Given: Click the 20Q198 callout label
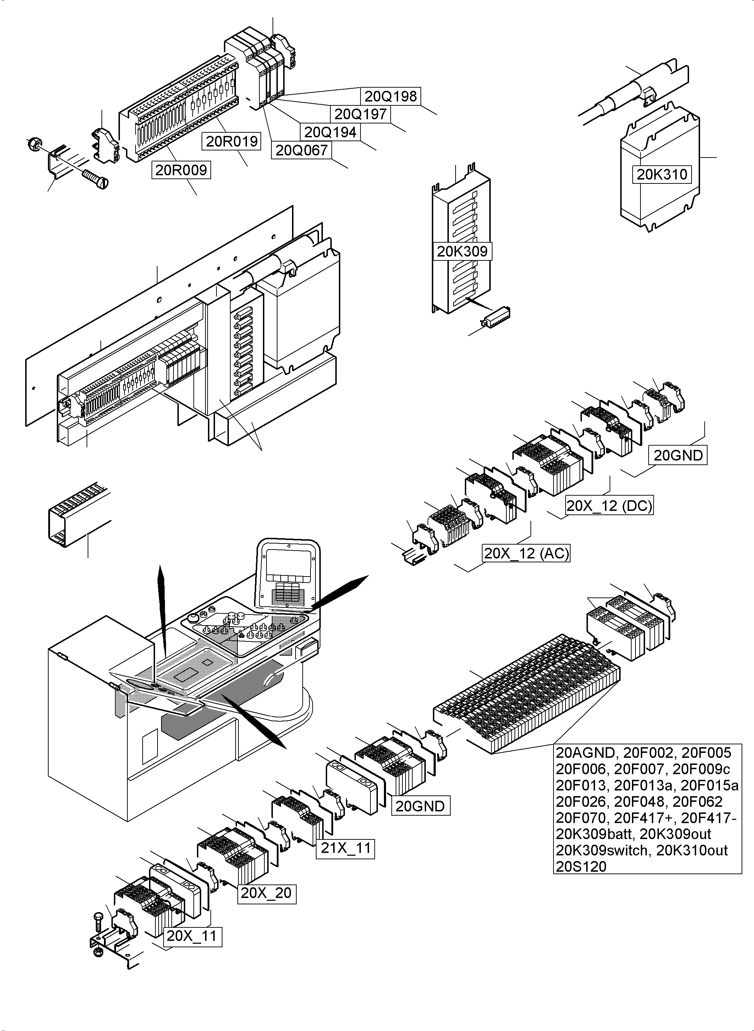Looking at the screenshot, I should [x=391, y=96].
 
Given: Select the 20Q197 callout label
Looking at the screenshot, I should [x=361, y=114].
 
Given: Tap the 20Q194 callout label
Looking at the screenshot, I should [x=330, y=132].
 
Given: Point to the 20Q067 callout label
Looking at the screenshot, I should [x=301, y=150].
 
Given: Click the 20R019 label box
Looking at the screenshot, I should [x=232, y=142].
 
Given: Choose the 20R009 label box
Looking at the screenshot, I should [x=181, y=170].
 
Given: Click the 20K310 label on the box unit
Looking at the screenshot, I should [x=662, y=174].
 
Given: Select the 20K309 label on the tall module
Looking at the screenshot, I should [x=462, y=252].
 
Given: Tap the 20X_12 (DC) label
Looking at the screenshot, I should [x=609, y=506].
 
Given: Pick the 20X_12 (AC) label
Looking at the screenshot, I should [x=526, y=553].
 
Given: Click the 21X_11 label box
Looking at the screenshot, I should [x=346, y=848].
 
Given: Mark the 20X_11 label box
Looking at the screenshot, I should [x=192, y=936].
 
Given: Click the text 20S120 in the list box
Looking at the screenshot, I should [x=581, y=866].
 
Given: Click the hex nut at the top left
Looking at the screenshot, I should [x=32, y=144].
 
